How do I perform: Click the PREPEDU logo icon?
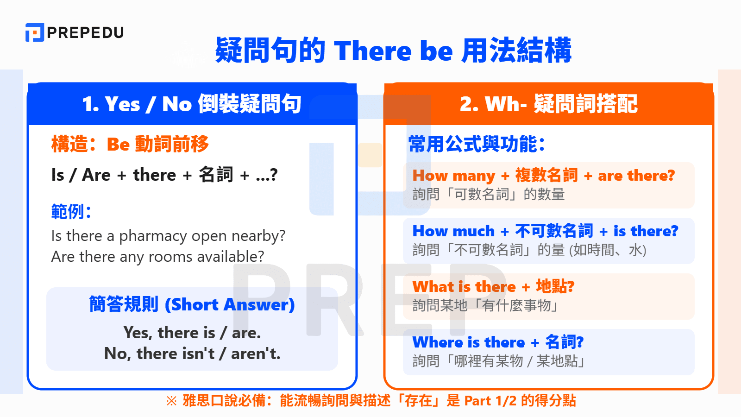[34, 32]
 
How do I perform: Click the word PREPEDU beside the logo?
[86, 32]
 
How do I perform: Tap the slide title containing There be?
[393, 50]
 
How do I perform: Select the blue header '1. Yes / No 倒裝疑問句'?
[192, 104]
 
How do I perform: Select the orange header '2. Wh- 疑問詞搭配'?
[548, 104]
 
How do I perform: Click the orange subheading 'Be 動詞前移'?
[157, 145]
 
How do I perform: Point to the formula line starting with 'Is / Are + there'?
[164, 175]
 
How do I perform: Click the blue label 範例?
[70, 212]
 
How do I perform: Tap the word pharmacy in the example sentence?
[153, 236]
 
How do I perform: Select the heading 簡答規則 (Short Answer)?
[192, 305]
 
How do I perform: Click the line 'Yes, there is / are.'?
[192, 333]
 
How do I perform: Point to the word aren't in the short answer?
[256, 354]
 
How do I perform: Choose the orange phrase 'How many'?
[454, 176]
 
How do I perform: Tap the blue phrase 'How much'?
[453, 231]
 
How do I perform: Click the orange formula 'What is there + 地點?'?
[493, 287]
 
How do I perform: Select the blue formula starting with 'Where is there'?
[498, 342]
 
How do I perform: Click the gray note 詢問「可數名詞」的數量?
[489, 195]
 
